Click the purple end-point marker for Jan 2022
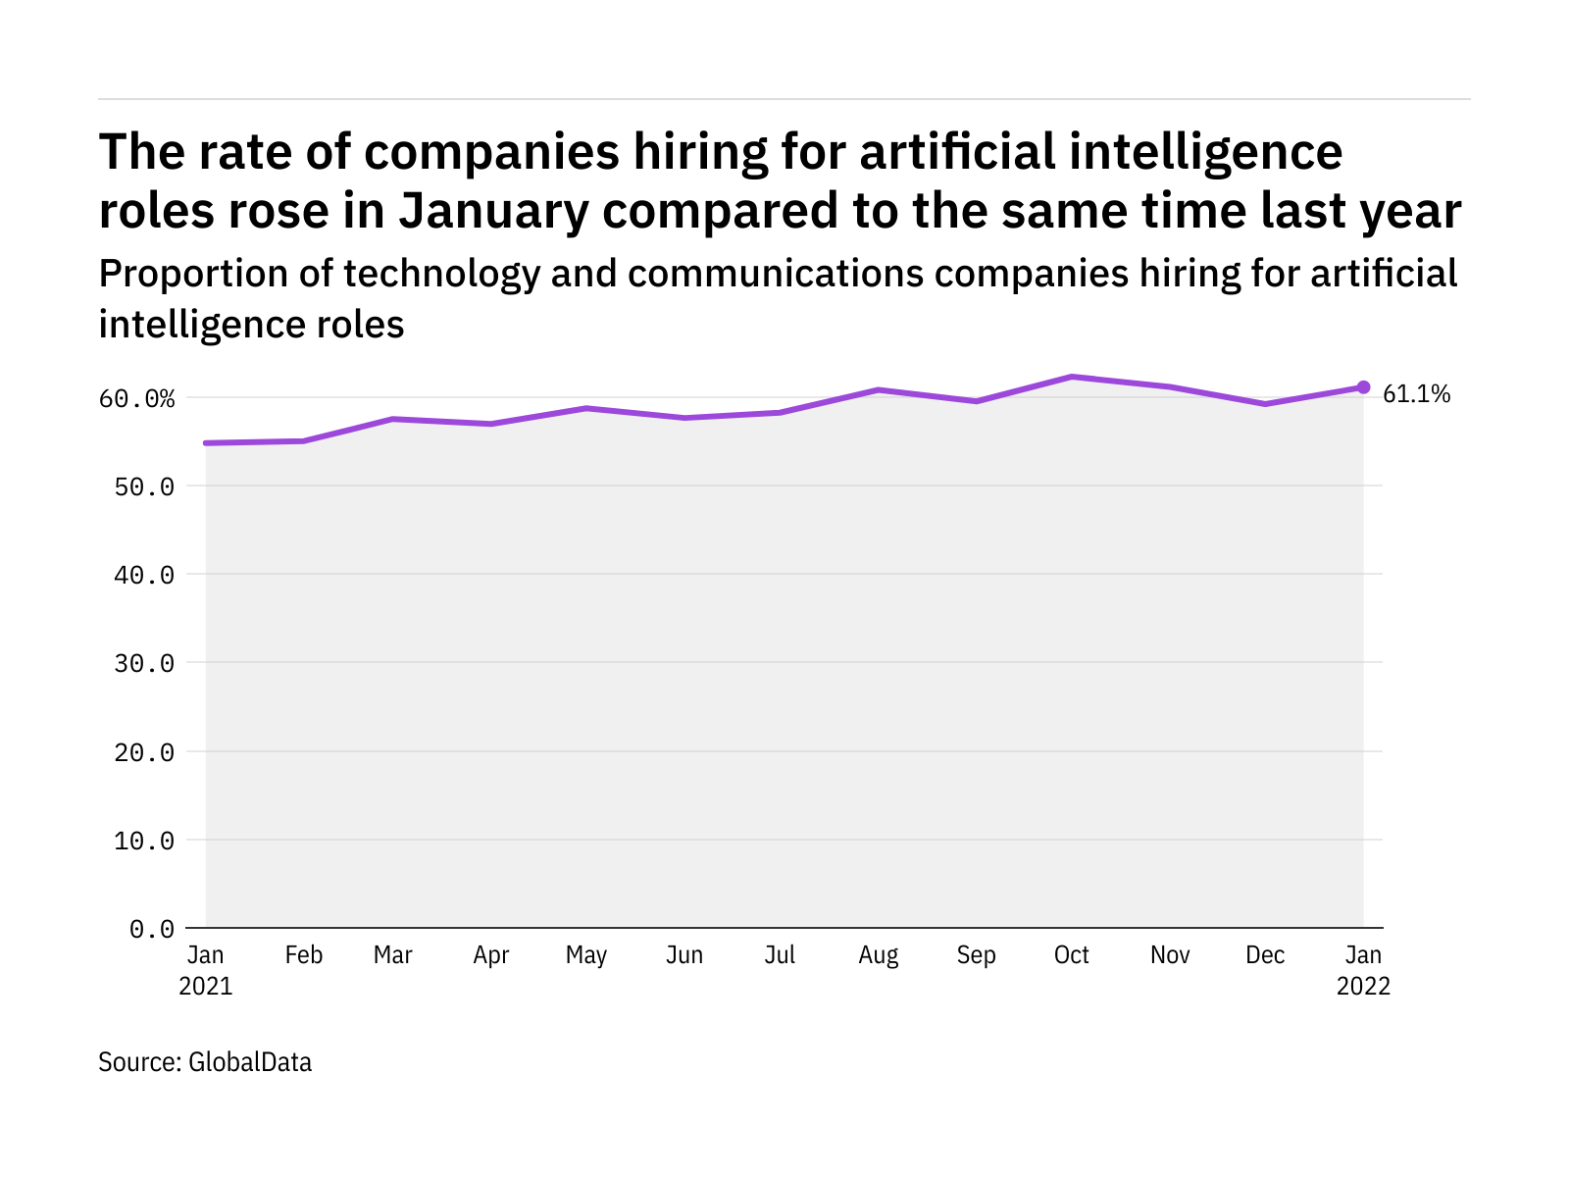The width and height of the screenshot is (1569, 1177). [x=1363, y=387]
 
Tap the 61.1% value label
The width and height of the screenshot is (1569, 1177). [x=1416, y=394]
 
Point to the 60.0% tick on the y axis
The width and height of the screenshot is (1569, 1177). [x=136, y=398]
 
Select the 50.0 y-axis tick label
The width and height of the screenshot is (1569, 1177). [x=144, y=486]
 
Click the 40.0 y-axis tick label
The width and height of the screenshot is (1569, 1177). [x=144, y=575]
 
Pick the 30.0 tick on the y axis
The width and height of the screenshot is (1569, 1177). [x=144, y=663]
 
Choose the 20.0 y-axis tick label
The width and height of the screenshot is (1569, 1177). [x=144, y=752]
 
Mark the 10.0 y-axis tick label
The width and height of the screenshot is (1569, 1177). [x=144, y=841]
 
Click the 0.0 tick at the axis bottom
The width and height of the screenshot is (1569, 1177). [x=152, y=929]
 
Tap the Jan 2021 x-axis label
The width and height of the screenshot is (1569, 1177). [x=206, y=970]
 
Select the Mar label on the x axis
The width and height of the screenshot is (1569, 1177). [x=392, y=955]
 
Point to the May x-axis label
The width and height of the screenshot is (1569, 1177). [x=586, y=955]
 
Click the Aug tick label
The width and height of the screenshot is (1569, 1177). [x=878, y=955]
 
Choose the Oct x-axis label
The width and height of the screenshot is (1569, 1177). [x=1072, y=955]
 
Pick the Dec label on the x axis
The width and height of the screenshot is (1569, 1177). [x=1265, y=955]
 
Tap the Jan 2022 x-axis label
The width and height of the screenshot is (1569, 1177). [x=1363, y=970]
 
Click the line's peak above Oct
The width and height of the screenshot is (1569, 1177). [x=1073, y=377]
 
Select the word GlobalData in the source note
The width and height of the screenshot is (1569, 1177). [x=250, y=1062]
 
